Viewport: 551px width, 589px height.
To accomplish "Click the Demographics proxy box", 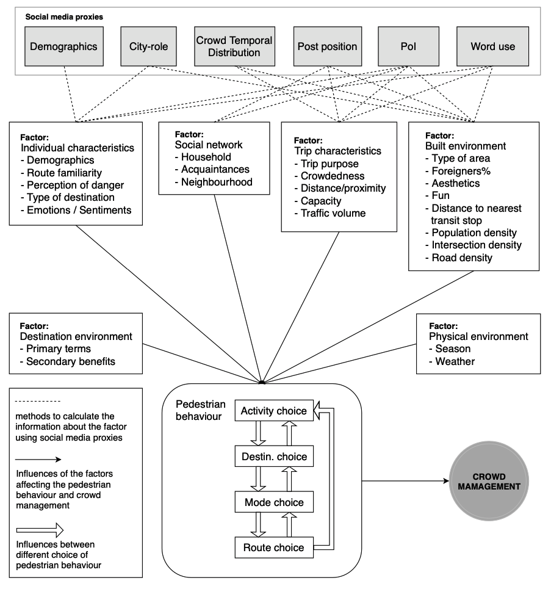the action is click(x=64, y=46).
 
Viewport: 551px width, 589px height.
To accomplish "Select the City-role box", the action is click(x=148, y=46).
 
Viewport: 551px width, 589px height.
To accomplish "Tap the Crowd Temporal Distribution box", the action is click(x=234, y=46).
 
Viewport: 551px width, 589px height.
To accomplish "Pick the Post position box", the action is click(x=328, y=46).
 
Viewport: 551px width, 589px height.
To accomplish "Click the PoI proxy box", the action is click(x=408, y=46).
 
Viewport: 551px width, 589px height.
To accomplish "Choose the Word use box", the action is click(x=493, y=46).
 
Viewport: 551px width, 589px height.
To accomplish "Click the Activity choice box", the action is click(x=274, y=411).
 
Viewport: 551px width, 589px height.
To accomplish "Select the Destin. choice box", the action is click(x=274, y=457).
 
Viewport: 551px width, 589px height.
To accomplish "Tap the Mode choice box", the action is click(x=274, y=502).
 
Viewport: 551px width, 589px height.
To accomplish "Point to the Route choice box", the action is click(x=274, y=547).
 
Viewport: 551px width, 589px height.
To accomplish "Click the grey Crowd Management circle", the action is click(x=489, y=481).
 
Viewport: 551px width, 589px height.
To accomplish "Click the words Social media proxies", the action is click(x=64, y=17).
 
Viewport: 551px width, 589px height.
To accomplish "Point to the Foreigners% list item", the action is click(x=458, y=171).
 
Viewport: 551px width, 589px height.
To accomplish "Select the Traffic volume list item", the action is click(x=330, y=214).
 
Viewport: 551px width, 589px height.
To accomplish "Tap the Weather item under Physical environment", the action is click(x=452, y=361).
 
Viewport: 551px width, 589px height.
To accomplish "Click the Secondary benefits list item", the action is click(x=68, y=361).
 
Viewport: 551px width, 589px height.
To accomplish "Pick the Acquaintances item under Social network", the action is click(x=212, y=170).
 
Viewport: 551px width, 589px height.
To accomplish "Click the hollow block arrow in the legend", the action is click(x=40, y=530).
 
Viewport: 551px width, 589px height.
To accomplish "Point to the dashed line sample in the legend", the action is click(x=38, y=402).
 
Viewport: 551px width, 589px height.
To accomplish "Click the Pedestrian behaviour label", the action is click(x=201, y=410).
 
